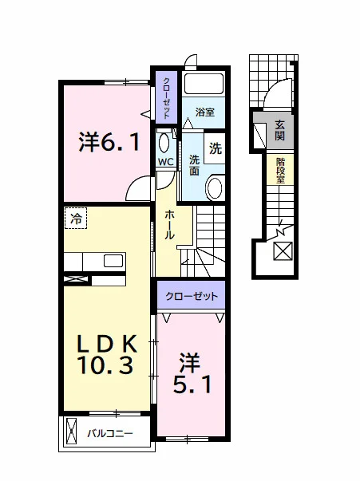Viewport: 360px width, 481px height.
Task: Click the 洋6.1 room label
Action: pyautogui.click(x=109, y=142)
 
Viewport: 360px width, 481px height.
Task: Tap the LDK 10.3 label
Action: pyautogui.click(x=106, y=354)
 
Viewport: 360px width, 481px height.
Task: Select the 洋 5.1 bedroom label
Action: pyautogui.click(x=192, y=373)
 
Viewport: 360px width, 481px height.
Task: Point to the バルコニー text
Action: pyautogui.click(x=110, y=434)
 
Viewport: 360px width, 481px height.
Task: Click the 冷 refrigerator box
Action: pyautogui.click(x=76, y=218)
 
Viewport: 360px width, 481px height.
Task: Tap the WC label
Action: pyautogui.click(x=166, y=162)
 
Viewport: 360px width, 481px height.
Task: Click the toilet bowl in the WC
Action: pyautogui.click(x=164, y=144)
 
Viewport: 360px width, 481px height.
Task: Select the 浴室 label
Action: pyautogui.click(x=205, y=112)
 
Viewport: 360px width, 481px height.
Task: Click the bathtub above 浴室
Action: pyautogui.click(x=204, y=84)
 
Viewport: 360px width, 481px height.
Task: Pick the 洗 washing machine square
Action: pyautogui.click(x=215, y=148)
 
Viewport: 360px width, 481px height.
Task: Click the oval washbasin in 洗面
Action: pyautogui.click(x=215, y=188)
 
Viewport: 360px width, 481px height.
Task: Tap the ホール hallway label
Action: pyautogui.click(x=169, y=225)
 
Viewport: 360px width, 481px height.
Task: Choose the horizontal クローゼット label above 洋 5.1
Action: pyautogui.click(x=192, y=296)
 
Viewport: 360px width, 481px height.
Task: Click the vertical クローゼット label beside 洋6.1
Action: pyautogui.click(x=166, y=97)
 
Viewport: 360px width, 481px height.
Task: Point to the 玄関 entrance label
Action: pyautogui.click(x=279, y=130)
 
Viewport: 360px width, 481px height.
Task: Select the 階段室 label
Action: pyautogui.click(x=280, y=171)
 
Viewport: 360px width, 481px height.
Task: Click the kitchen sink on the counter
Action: pyautogui.click(x=113, y=261)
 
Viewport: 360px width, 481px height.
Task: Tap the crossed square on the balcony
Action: pyautogui.click(x=71, y=433)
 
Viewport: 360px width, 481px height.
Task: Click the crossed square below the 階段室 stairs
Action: pyautogui.click(x=283, y=251)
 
